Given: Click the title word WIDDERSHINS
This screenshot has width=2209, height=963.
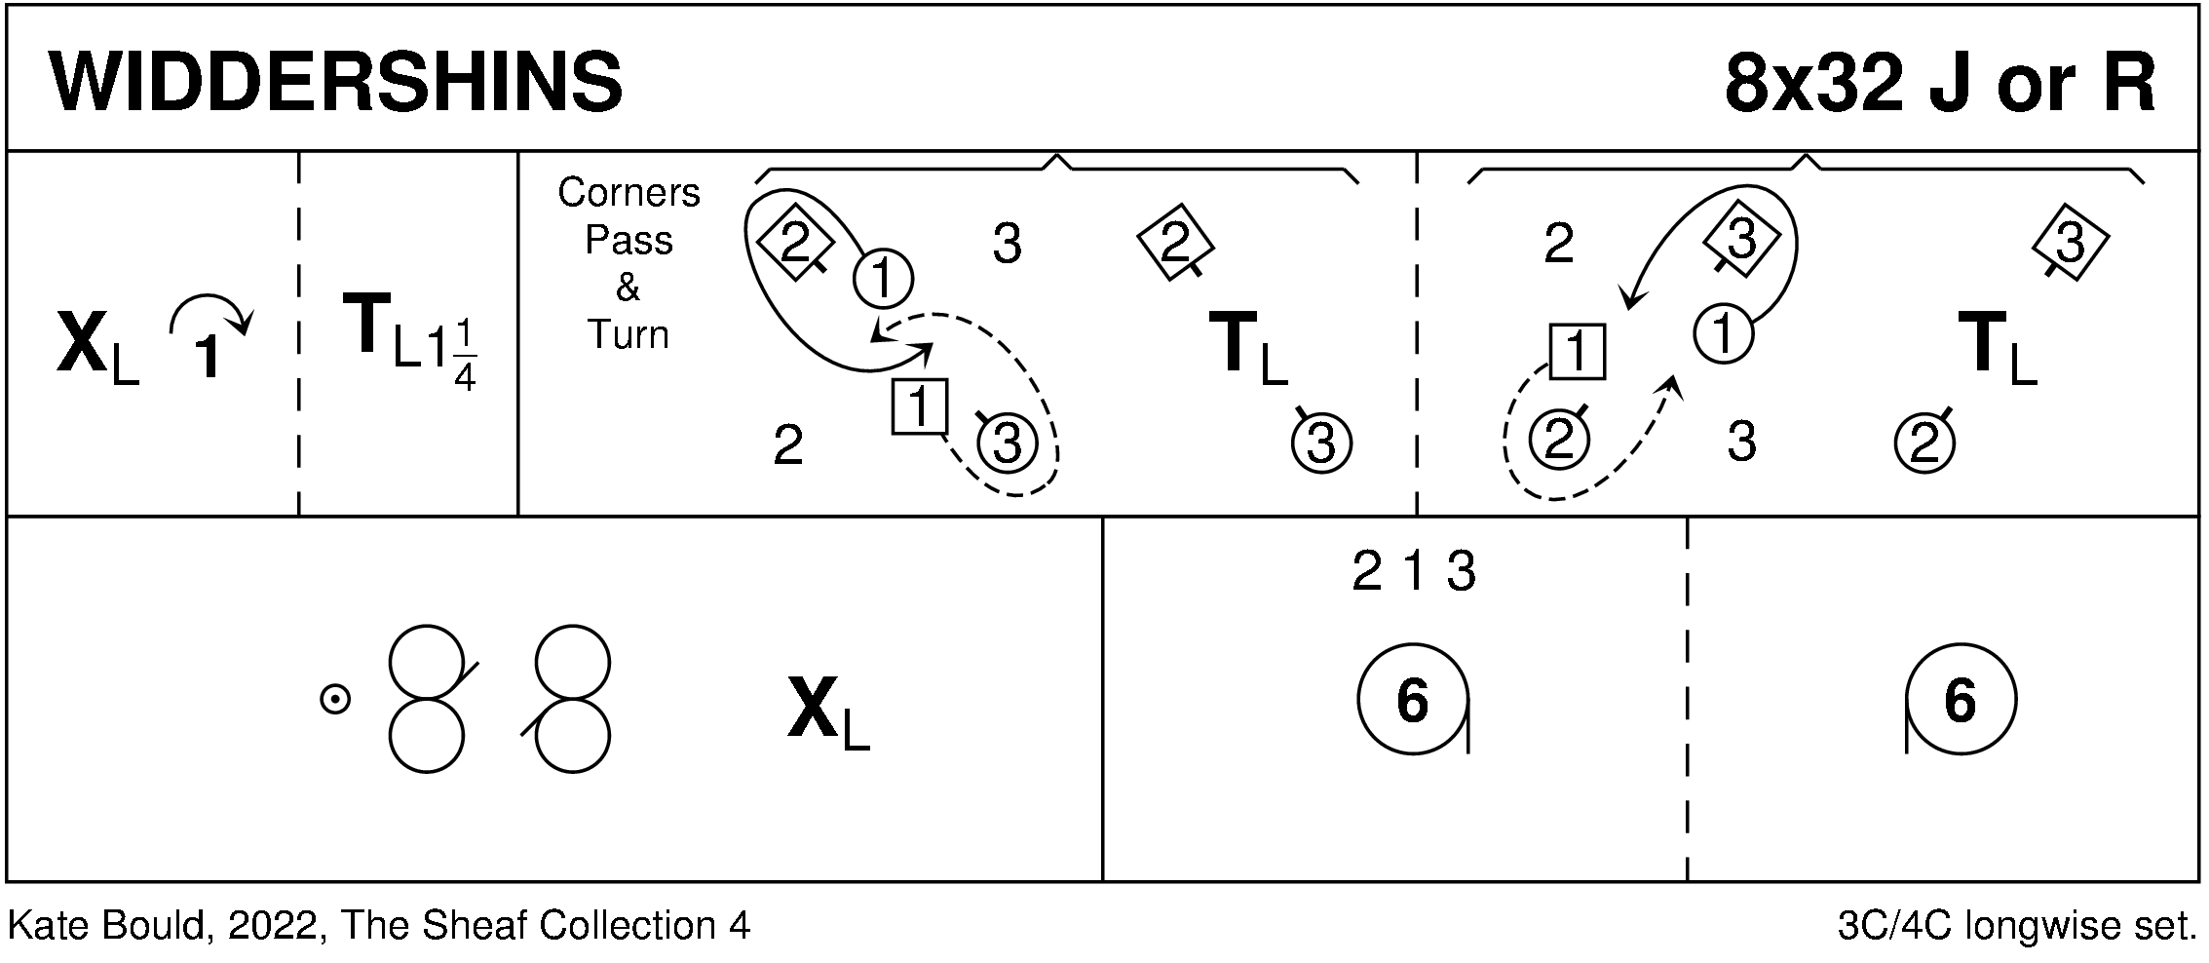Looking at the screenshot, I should pos(336,82).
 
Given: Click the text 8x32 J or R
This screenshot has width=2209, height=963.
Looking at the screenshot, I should pos(1939,82).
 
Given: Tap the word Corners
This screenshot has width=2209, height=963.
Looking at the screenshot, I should pos(628,193).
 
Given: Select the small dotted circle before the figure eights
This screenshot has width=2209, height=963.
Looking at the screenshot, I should pos(335,699).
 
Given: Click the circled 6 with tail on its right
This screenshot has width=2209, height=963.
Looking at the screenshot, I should pos(1413,700).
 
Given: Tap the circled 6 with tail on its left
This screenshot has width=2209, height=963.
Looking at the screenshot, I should pos(1960,700).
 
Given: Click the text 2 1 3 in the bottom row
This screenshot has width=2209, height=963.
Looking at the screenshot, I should pos(1414,573).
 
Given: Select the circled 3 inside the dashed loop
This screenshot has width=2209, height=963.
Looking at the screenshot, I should pos(1006,444).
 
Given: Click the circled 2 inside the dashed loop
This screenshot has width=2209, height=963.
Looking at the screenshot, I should pos(1559,441).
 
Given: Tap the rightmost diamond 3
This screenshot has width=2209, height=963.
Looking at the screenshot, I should pos(2070,243).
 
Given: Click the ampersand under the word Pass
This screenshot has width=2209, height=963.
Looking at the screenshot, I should pos(628,288).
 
